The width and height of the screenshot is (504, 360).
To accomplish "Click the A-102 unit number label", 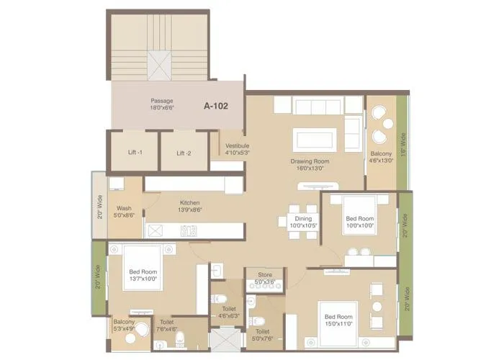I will pos(215,106).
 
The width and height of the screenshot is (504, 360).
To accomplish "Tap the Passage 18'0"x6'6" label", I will pos(161,104).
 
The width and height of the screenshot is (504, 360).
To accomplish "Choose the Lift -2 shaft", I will pos(184,152).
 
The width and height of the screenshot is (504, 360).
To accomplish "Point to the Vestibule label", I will pos(237,149).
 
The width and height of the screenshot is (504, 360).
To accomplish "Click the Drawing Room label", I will pos(310,164).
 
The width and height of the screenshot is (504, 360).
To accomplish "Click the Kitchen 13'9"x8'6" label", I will pos(189,207).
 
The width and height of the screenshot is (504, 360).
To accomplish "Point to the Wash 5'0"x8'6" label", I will pos(124,211).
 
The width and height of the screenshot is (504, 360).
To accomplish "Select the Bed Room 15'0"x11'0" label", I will pos(338,320).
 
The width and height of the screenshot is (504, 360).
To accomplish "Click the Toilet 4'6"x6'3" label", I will pos(229,311).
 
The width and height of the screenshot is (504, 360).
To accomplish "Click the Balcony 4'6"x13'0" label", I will pos(381,157).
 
